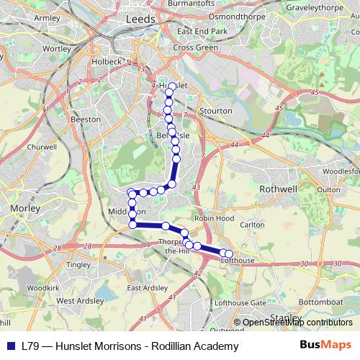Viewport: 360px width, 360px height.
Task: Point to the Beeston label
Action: [86, 119]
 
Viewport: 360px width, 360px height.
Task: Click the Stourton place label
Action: [216, 111]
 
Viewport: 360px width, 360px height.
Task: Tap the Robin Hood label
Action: [215, 217]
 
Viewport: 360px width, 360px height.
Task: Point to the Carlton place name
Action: [253, 225]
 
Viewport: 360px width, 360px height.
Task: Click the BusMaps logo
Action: [327, 346]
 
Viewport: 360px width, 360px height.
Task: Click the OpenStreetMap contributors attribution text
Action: [297, 323]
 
